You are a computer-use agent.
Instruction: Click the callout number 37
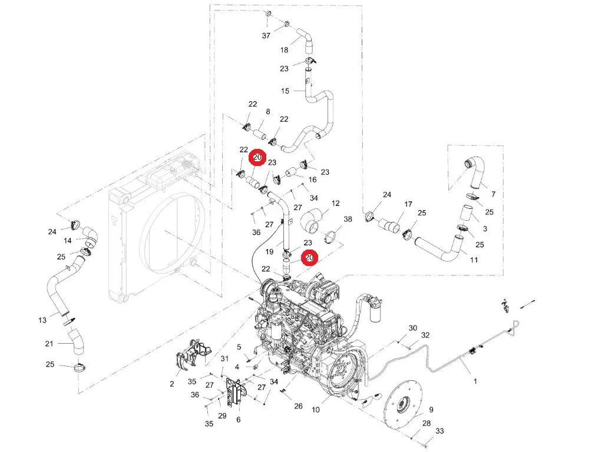pos(266,36)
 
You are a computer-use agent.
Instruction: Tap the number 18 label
pos(284,50)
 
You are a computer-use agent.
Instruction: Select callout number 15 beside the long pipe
pos(285,91)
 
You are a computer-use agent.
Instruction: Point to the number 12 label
pos(335,204)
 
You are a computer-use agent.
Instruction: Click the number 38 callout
pos(348,219)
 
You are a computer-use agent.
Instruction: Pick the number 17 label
pos(408,204)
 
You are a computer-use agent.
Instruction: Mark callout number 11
pos(474,260)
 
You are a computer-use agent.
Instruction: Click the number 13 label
pos(42,320)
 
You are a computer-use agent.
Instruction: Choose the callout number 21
pos(49,344)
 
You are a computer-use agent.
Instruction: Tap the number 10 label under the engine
pos(315,410)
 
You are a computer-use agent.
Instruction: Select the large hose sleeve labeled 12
pos(313,221)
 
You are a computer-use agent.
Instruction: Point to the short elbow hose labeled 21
pos(76,342)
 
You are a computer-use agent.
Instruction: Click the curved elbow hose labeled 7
pos(476,172)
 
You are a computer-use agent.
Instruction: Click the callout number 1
pos(475,381)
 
